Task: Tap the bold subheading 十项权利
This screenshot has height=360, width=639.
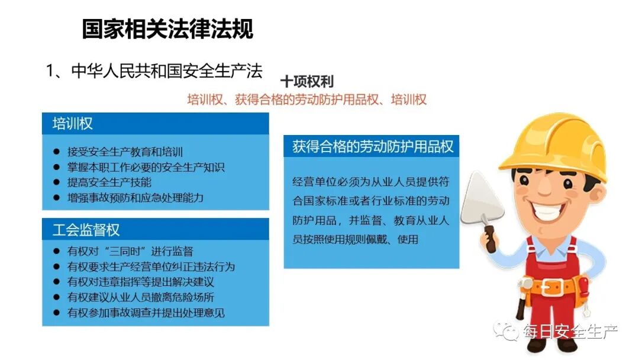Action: pos(306,82)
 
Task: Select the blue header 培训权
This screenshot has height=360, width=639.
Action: pos(73,124)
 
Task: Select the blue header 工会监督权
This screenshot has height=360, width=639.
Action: pos(86,230)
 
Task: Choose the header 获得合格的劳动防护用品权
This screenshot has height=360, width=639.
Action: pos(373,147)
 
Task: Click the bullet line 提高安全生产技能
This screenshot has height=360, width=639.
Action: pos(109,182)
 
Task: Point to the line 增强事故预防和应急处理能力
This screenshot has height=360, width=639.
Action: pos(135,197)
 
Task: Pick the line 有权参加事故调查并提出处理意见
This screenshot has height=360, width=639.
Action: pos(146,313)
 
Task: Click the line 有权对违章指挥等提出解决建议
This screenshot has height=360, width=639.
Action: pos(141,282)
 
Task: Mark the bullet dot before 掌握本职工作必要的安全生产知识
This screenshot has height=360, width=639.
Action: pos(56,168)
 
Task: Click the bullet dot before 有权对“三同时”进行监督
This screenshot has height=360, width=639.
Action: pos(56,252)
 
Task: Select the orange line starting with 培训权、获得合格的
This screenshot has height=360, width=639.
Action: pos(306,99)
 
